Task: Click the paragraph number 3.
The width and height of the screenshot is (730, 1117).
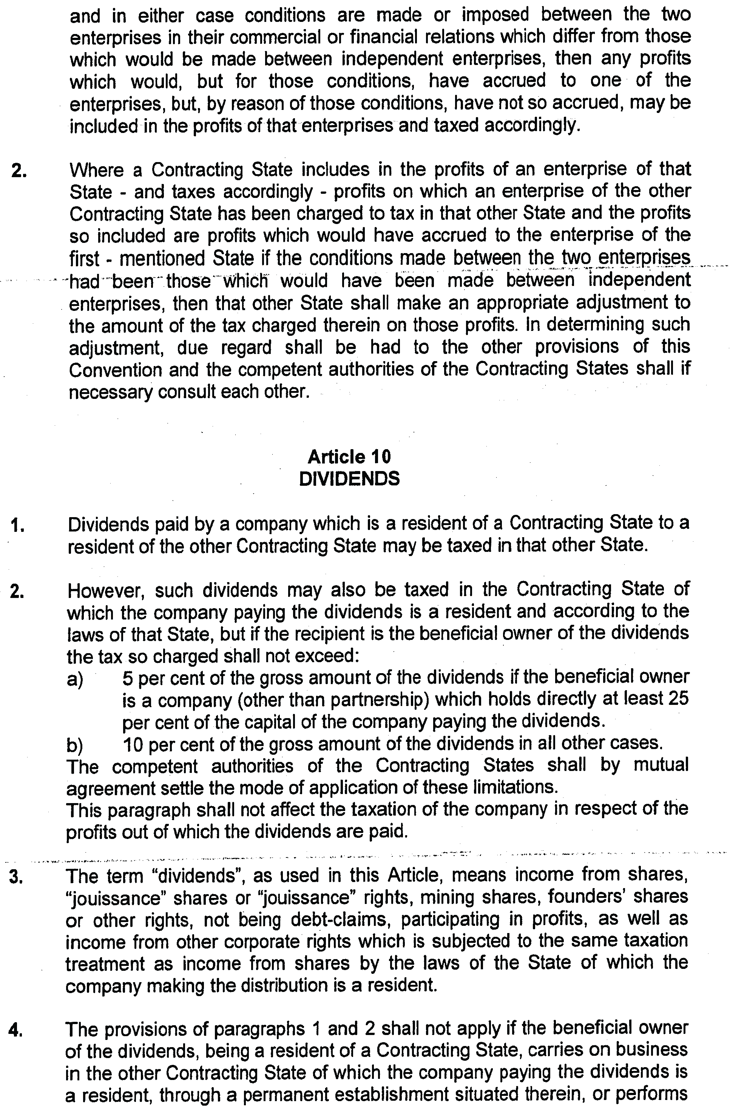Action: point(16,877)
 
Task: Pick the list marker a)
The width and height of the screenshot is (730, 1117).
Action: point(75,679)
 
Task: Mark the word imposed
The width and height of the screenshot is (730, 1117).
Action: point(495,15)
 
